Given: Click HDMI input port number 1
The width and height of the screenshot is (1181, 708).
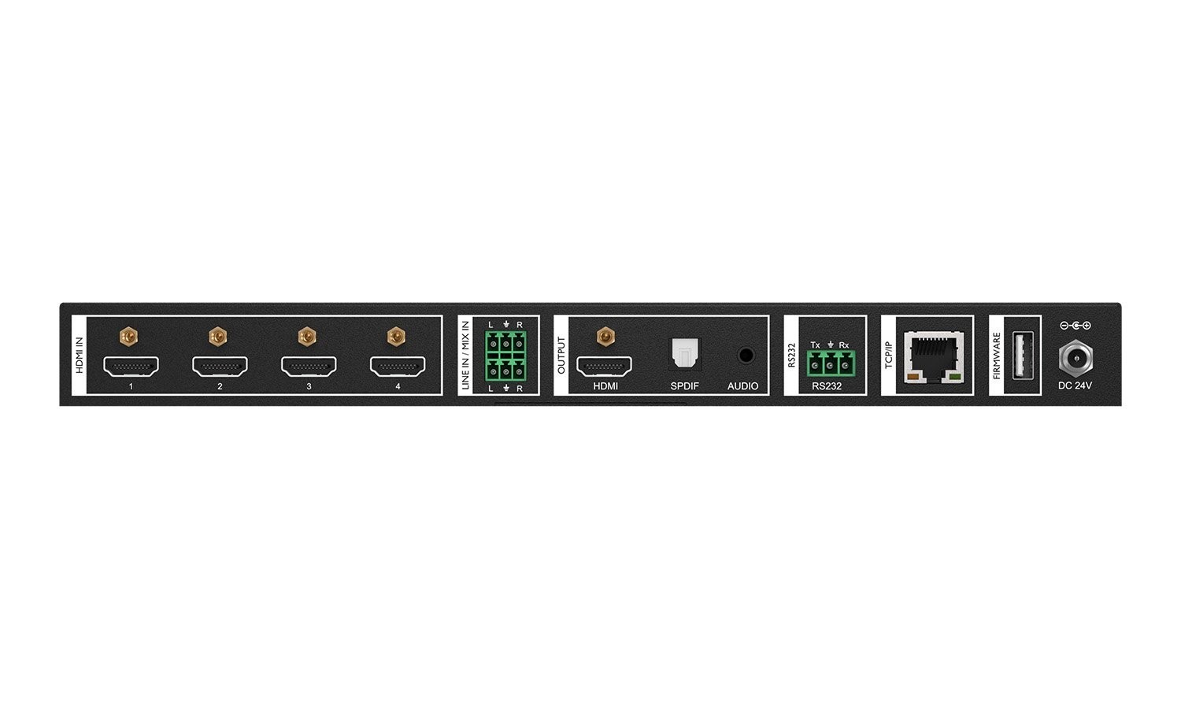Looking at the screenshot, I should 131,366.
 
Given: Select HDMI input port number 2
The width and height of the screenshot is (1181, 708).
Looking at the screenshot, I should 220,366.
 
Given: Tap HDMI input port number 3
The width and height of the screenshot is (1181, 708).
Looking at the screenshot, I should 309,366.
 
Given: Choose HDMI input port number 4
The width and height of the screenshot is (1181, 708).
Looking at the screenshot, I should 398,366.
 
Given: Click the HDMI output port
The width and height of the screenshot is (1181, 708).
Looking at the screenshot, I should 604,366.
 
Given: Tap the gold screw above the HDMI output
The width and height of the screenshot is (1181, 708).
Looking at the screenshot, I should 605,337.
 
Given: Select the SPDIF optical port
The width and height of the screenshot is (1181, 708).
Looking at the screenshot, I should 683,354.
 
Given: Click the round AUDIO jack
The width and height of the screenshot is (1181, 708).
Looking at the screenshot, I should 745,356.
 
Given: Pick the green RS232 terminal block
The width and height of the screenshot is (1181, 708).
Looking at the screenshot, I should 830,364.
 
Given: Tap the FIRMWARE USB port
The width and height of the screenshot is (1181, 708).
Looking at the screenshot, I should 1022,356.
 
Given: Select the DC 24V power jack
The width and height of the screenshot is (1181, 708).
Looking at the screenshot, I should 1075,358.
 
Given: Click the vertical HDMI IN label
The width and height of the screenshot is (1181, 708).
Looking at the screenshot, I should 79,355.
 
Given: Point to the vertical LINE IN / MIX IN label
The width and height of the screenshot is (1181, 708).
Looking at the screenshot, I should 465,355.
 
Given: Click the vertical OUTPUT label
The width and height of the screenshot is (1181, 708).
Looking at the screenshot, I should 561,355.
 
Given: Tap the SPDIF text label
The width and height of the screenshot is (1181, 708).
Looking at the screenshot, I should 684,386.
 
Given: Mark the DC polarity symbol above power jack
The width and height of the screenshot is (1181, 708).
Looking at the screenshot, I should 1075,326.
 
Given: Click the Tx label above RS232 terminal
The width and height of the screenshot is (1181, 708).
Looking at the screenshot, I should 815,345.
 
